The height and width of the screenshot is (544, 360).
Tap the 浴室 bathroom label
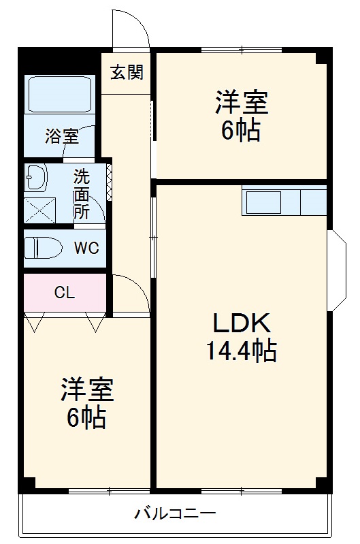tap(61, 136)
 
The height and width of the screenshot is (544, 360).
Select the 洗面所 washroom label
tap(81, 193)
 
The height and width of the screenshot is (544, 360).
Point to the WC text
tap(86, 248)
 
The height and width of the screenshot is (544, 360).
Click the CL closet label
tap(65, 293)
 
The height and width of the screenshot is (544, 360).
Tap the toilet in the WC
tap(43, 248)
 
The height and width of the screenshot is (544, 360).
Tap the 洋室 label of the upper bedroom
tap(241, 103)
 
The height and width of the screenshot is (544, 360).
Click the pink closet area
tap(65, 293)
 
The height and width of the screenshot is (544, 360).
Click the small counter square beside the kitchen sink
tap(313, 202)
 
